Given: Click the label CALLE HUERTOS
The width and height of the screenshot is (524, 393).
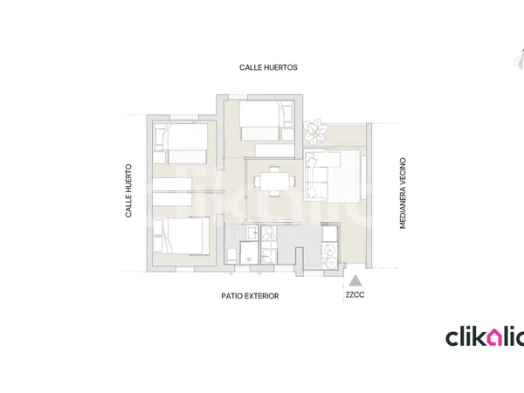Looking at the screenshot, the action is (x=268, y=67).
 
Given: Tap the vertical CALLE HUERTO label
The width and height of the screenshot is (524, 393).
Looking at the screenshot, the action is (x=128, y=190).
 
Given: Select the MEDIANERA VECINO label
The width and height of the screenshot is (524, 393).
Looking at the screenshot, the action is (x=403, y=193).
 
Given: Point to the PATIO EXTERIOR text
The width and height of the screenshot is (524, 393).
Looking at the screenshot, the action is (x=250, y=296).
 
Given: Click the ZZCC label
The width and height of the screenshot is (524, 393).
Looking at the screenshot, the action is (x=355, y=295).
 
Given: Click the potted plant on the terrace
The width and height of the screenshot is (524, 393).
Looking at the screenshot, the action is (x=315, y=131).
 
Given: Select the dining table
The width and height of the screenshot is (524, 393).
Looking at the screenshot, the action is (x=275, y=182).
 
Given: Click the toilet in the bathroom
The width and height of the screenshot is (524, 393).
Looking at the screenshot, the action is (x=231, y=256).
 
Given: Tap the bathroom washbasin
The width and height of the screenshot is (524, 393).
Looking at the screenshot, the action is (x=252, y=232).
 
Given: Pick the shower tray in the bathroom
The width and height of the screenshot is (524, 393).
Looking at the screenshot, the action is (x=249, y=252).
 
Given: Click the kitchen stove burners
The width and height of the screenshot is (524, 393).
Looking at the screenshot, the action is (x=269, y=233).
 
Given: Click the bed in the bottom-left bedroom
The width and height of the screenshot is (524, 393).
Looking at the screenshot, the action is (x=181, y=237).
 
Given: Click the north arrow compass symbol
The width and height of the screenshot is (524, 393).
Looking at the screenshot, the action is (x=519, y=60).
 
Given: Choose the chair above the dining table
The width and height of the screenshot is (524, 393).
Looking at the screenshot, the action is (x=275, y=169).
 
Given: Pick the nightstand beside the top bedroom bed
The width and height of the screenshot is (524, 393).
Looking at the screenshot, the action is (x=287, y=134).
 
